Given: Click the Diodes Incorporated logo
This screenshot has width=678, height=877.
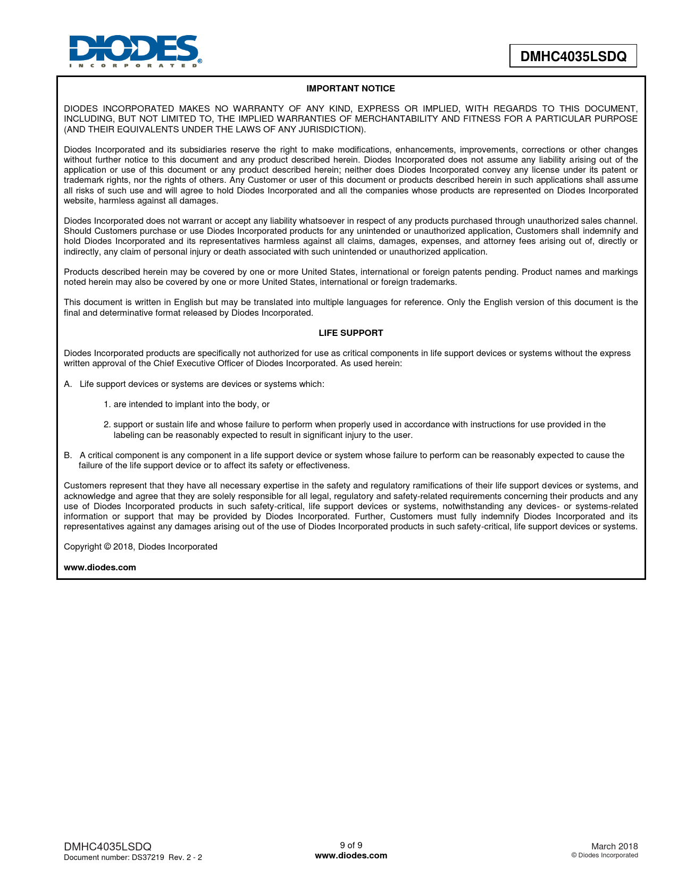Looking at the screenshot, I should [135, 51].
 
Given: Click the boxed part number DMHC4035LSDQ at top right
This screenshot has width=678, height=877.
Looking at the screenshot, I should [573, 56].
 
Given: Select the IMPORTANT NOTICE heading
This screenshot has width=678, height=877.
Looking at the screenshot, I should [350, 89].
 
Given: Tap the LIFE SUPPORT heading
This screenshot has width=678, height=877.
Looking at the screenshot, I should [350, 333].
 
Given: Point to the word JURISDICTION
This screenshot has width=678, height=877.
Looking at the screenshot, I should [328, 130].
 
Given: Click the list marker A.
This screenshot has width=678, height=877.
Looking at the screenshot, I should [68, 384].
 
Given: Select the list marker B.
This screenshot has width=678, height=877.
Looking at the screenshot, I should [68, 456].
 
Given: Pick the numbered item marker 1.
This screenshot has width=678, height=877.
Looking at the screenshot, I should [106, 404].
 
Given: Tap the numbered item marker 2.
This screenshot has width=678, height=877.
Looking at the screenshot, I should [106, 425].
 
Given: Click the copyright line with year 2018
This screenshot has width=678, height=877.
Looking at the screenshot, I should [140, 547].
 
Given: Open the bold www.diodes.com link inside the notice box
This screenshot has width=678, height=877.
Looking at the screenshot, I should [100, 568].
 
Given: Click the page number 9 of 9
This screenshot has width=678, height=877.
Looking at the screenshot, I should [351, 845].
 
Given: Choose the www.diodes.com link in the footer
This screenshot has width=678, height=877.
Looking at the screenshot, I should [351, 856].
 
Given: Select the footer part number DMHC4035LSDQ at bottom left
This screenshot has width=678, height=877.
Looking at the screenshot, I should [107, 846].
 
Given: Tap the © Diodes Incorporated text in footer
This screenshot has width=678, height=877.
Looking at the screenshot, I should [605, 855].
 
